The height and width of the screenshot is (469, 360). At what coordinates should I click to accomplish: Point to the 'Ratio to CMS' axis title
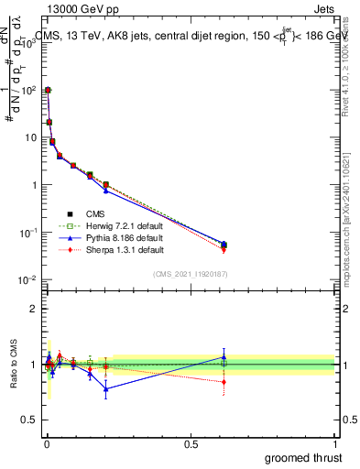pyautogui.click(x=12, y=364)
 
